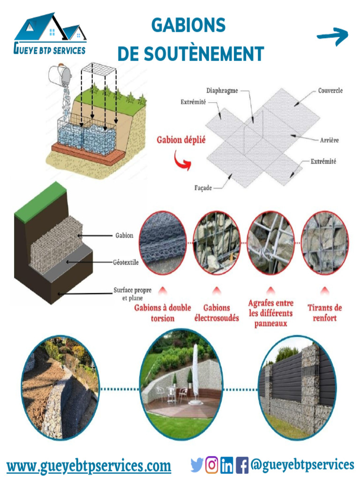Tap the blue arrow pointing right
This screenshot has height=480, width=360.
(333, 37)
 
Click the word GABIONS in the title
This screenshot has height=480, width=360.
(188, 25)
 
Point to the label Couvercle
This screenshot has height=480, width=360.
(330, 90)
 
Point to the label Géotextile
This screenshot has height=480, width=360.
(126, 262)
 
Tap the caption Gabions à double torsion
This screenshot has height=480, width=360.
(163, 313)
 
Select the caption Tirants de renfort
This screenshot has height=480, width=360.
(324, 313)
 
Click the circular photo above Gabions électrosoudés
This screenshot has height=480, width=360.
(217, 242)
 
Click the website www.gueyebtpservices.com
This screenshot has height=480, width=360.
(89, 466)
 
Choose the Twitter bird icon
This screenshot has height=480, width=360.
(197, 465)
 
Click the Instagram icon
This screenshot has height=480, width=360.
(212, 465)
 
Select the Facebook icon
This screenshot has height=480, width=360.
(242, 465)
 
